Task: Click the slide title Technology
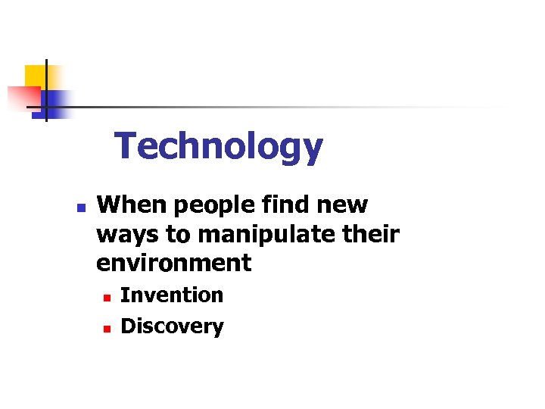click(x=219, y=147)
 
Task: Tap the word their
click(x=369, y=234)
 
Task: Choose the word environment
click(x=173, y=264)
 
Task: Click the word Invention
click(x=172, y=295)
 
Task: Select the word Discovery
click(x=172, y=326)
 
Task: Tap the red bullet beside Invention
click(x=107, y=296)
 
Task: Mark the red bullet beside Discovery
click(x=107, y=328)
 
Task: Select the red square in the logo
click(x=23, y=98)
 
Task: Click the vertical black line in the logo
click(x=46, y=89)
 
